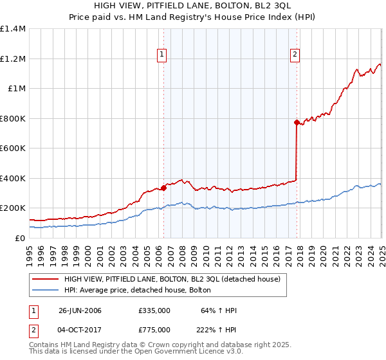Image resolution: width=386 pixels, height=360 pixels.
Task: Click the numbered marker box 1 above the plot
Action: [161, 55]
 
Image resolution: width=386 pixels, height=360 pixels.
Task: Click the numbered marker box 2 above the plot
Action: [295, 55]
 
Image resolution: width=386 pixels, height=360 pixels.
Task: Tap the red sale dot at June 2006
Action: [163, 188]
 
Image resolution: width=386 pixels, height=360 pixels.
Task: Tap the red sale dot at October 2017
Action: [297, 122]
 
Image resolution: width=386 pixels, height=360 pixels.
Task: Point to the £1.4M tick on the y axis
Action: [13, 29]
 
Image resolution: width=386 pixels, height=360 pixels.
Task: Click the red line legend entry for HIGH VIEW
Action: [172, 280]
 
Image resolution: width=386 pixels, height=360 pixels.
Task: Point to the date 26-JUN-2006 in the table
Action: [80, 310]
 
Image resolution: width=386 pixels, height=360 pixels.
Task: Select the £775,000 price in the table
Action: [154, 329]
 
